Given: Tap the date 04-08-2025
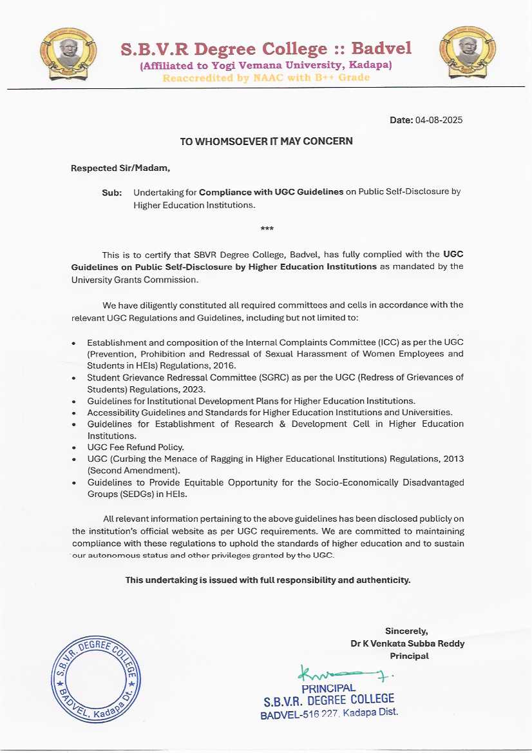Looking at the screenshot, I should tap(439, 120).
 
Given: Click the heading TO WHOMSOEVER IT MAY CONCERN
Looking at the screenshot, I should tap(266, 141).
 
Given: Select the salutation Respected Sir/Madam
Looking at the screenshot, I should tap(120, 169).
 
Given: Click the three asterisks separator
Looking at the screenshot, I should tap(266, 229).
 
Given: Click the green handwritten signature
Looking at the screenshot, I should tap(345, 674).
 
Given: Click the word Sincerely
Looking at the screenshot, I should tap(406, 631).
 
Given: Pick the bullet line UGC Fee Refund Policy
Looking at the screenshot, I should tap(135, 447).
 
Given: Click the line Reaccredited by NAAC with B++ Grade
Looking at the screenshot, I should tap(266, 78).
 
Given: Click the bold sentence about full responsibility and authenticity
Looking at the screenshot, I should tap(267, 580).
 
